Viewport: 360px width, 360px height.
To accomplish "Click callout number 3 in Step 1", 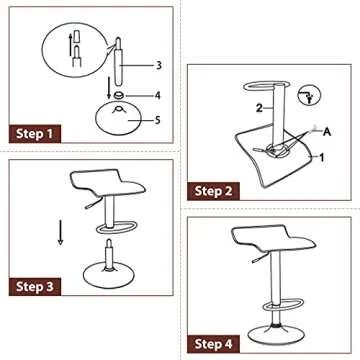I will tap(158, 65).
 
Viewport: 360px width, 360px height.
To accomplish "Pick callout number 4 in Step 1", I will tap(158, 96).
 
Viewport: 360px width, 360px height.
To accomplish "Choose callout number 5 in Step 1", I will tap(158, 117).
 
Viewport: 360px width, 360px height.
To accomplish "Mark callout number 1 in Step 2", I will tap(322, 157).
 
